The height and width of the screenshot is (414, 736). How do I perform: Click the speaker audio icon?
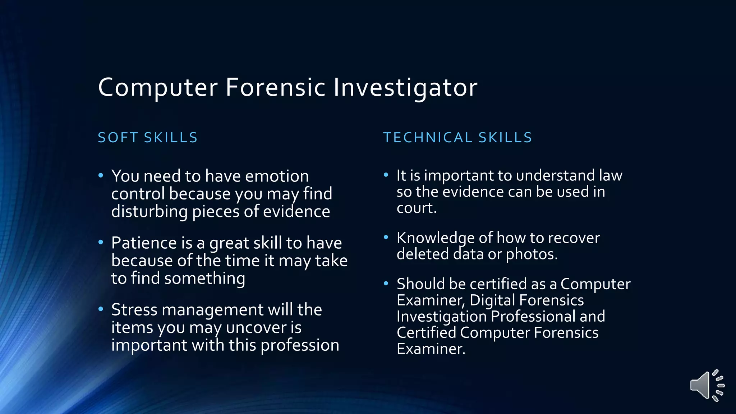[x=707, y=385]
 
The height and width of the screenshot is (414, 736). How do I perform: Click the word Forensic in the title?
[x=275, y=87]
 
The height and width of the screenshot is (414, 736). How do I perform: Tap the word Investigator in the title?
[x=405, y=88]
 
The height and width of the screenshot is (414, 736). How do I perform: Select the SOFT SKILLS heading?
[x=148, y=138]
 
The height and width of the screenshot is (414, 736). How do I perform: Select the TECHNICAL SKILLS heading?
[x=457, y=138]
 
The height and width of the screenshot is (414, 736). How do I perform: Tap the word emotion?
[x=277, y=176]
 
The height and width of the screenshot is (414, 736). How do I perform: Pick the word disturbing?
[x=149, y=212]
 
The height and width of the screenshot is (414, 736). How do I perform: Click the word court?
[x=416, y=208]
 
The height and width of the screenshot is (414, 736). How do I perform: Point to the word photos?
[x=531, y=254]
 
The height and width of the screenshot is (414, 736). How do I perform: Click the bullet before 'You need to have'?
[x=101, y=175]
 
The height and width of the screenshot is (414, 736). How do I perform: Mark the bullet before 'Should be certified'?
[x=386, y=284]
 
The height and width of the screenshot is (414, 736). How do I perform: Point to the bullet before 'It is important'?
[x=386, y=175]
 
